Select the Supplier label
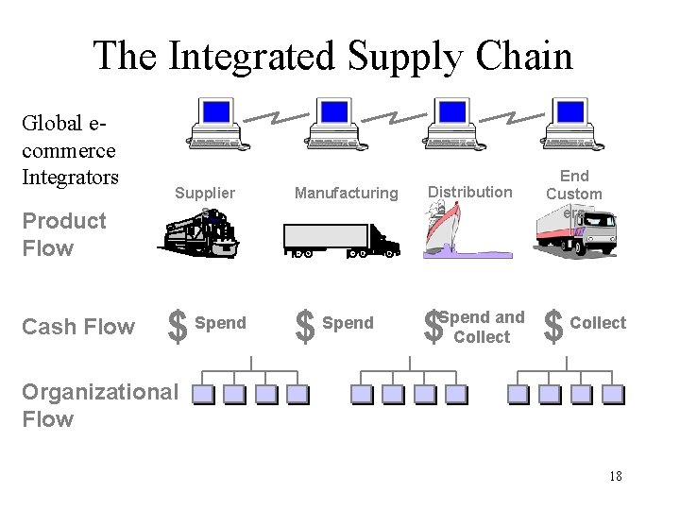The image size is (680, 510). point(205,193)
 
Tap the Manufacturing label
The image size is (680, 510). point(347,193)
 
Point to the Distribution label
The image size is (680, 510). point(469,192)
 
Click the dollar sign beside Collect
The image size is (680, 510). point(553,327)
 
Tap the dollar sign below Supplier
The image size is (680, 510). point(176,327)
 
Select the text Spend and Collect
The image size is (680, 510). point(482,327)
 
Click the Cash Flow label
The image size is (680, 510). point(78,327)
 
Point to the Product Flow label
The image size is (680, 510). point(64,234)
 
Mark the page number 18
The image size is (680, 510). point(615,476)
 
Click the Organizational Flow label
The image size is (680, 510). point(99,405)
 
